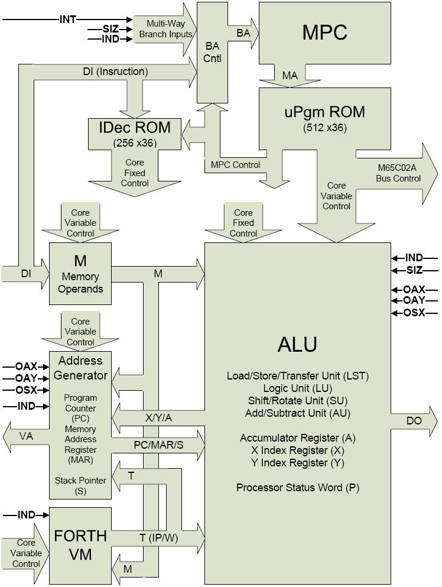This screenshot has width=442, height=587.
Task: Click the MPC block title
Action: click(x=324, y=33)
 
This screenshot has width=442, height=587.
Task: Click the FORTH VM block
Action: click(x=80, y=545)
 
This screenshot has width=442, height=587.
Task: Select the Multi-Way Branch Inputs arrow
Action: click(x=165, y=29)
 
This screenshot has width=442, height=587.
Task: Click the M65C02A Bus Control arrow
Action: click(x=399, y=173)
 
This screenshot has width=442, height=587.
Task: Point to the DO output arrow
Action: click(x=414, y=421)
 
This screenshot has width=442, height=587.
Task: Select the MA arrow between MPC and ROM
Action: click(x=290, y=76)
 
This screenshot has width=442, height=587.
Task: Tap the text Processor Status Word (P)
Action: click(x=298, y=488)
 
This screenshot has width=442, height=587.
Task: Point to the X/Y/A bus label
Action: click(x=160, y=417)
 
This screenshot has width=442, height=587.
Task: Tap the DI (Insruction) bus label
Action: click(x=115, y=72)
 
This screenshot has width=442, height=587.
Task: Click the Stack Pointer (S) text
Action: click(x=80, y=485)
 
